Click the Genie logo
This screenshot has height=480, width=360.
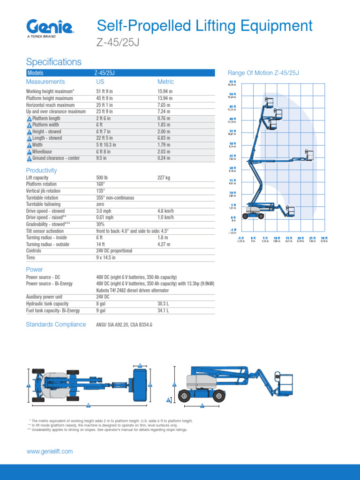49,26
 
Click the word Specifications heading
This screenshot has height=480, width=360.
53,62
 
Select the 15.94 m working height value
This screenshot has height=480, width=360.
165,91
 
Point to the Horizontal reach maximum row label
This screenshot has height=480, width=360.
50,105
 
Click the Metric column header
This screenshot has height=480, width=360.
165,82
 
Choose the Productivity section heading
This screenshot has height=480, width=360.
41,171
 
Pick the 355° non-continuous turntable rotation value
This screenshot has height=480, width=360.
115,198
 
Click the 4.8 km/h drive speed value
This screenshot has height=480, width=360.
165,211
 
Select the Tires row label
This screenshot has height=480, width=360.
30,257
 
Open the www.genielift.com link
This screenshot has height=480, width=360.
50,451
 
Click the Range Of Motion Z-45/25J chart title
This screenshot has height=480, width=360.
263,73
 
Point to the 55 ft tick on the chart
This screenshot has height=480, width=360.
232,82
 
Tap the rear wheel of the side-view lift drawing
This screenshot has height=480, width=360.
185,397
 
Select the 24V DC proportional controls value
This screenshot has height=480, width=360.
114,251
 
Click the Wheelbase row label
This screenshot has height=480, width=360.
42,151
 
